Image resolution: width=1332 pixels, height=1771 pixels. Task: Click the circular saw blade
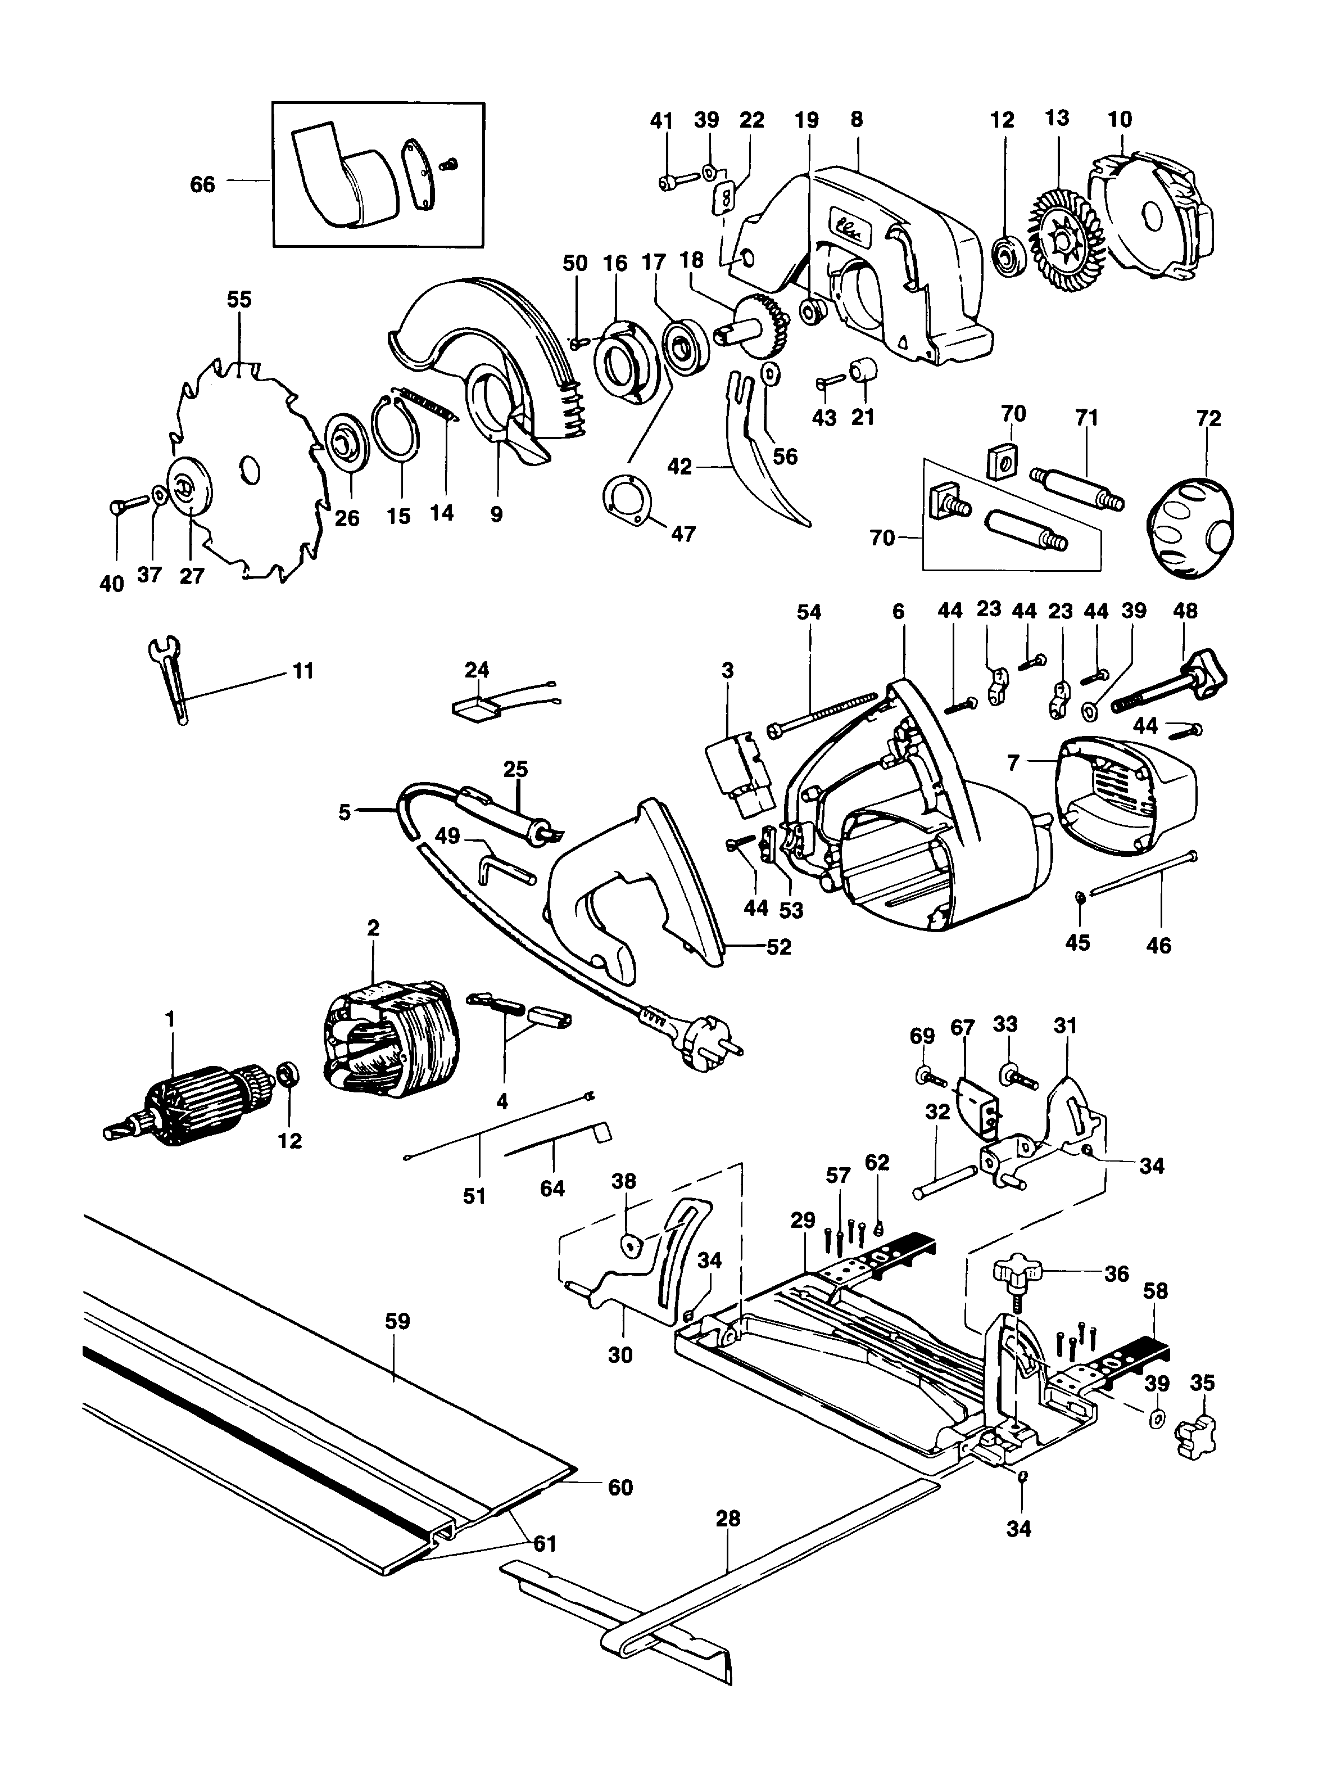click(264, 448)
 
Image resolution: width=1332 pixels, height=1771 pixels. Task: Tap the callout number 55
click(238, 300)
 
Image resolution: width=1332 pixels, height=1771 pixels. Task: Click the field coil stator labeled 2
click(384, 1041)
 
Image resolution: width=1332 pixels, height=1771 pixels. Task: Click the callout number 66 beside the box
click(202, 185)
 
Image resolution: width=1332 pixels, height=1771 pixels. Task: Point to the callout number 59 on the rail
click(397, 1321)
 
